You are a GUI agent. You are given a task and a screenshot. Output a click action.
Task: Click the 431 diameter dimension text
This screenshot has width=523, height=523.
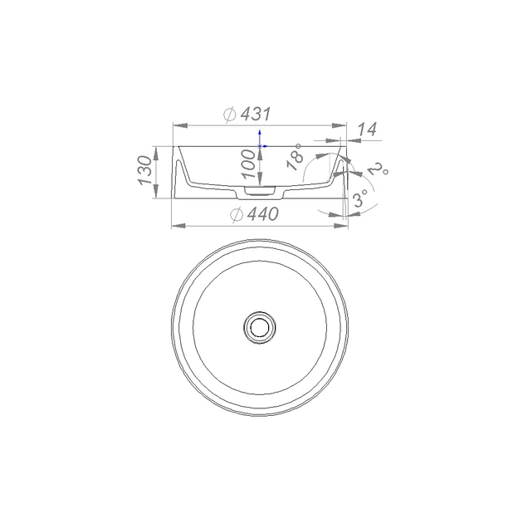tap(255, 115)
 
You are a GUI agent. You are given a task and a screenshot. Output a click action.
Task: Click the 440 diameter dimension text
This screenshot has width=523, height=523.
tap(263, 214)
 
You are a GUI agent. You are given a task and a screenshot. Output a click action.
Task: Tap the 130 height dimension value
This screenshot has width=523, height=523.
tap(144, 170)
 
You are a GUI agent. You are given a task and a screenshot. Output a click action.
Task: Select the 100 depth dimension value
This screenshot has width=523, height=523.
tap(249, 164)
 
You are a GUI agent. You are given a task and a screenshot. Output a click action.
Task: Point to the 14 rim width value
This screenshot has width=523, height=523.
tap(367, 130)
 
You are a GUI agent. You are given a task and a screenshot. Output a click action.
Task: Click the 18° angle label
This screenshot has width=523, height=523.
tap(296, 157)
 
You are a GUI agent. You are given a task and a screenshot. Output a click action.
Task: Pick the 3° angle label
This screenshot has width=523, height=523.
tap(360, 198)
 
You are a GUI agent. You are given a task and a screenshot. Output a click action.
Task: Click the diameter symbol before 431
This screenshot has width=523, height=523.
tap(230, 115)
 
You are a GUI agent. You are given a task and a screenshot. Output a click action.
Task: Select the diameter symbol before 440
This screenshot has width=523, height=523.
tap(237, 214)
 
